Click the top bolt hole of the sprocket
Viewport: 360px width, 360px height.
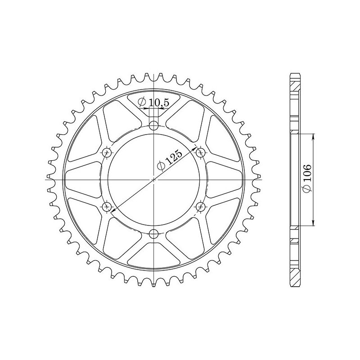click(x=154, y=125)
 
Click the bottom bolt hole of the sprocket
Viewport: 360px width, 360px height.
click(x=154, y=233)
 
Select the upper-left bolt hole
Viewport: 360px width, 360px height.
click(x=107, y=152)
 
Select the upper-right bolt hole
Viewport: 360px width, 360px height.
click(x=201, y=152)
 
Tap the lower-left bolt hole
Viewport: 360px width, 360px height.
click(x=107, y=206)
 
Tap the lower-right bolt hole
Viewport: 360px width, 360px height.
click(x=201, y=206)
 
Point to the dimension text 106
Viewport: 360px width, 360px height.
click(x=307, y=179)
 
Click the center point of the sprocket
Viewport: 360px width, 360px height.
click(x=154, y=179)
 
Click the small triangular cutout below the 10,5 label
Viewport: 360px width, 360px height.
click(x=154, y=112)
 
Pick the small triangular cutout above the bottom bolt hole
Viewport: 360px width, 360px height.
click(x=154, y=247)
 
